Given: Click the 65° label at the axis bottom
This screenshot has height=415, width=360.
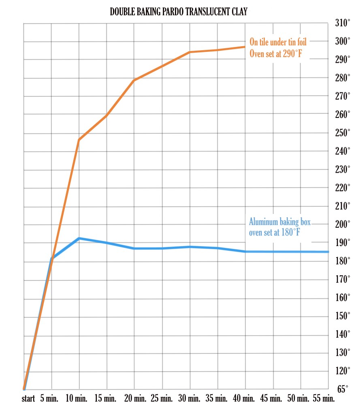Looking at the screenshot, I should coord(343,389).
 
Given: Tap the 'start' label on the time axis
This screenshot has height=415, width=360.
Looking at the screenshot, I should coord(28,399).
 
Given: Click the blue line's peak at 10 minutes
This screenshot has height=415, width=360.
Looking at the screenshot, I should coord(79,238).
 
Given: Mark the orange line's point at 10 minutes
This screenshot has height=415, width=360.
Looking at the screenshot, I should coord(79,140).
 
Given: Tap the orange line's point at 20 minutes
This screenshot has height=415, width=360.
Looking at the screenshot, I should coord(134,80).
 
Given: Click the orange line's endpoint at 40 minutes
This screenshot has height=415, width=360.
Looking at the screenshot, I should coord(245,47).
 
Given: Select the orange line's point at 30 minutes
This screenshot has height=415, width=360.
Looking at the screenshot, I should coord(190,52).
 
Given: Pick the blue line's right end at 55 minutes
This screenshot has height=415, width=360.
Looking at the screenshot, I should coord(328,252).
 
